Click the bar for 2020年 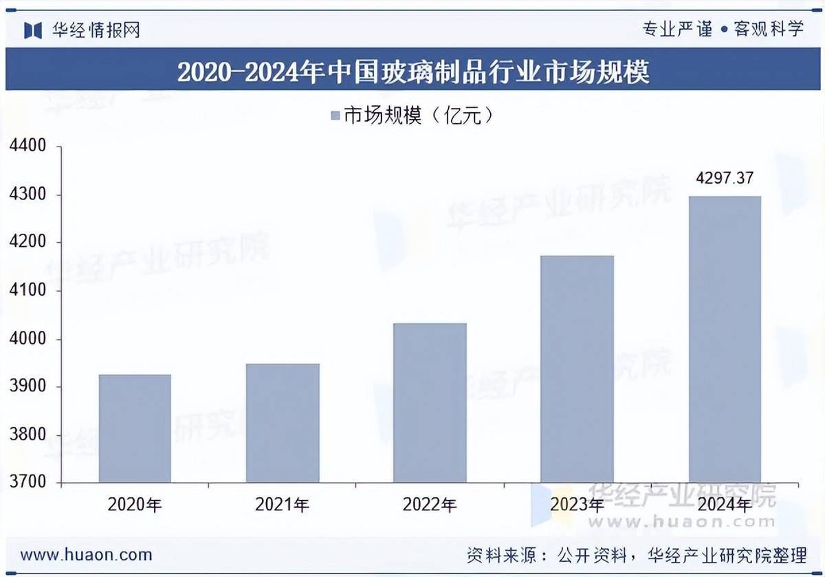135,428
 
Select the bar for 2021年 283,423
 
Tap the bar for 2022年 430,403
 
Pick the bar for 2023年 577,369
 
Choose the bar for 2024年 724,340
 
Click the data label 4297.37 725,179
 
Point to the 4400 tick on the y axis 27,146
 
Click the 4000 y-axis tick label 27,340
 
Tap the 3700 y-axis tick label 27,483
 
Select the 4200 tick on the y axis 27,243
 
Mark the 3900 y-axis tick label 27,388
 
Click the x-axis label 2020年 135,505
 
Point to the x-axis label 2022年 430,505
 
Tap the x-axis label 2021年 283,505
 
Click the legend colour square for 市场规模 335,116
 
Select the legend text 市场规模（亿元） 419,116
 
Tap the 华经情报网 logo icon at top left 33,30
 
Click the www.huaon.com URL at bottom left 86,554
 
